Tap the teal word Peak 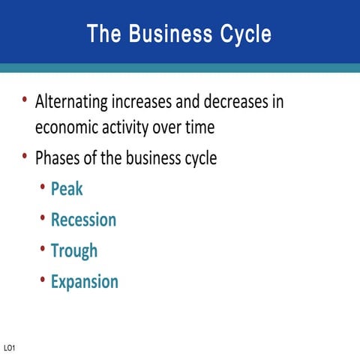pos(67,188)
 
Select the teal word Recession pos(83,220)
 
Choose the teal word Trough pos(73,250)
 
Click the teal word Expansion pos(84,282)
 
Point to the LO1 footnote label pos(10,348)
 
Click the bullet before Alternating pos(25,99)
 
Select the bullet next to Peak pos(43,187)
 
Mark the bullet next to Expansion pos(43,280)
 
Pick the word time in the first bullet pos(198,127)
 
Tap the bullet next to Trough pos(43,249)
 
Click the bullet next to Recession pos(43,218)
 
